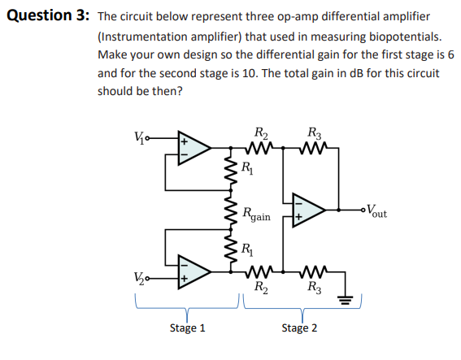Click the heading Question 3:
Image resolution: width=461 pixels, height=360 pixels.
45,16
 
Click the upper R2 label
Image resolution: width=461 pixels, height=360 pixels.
259,133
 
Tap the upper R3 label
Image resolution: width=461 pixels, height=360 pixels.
314,133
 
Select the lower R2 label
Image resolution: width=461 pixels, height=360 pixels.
259,286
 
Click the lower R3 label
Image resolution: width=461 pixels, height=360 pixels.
314,286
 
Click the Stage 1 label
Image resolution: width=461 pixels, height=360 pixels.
187,327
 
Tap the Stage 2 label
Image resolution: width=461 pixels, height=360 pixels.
299,327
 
